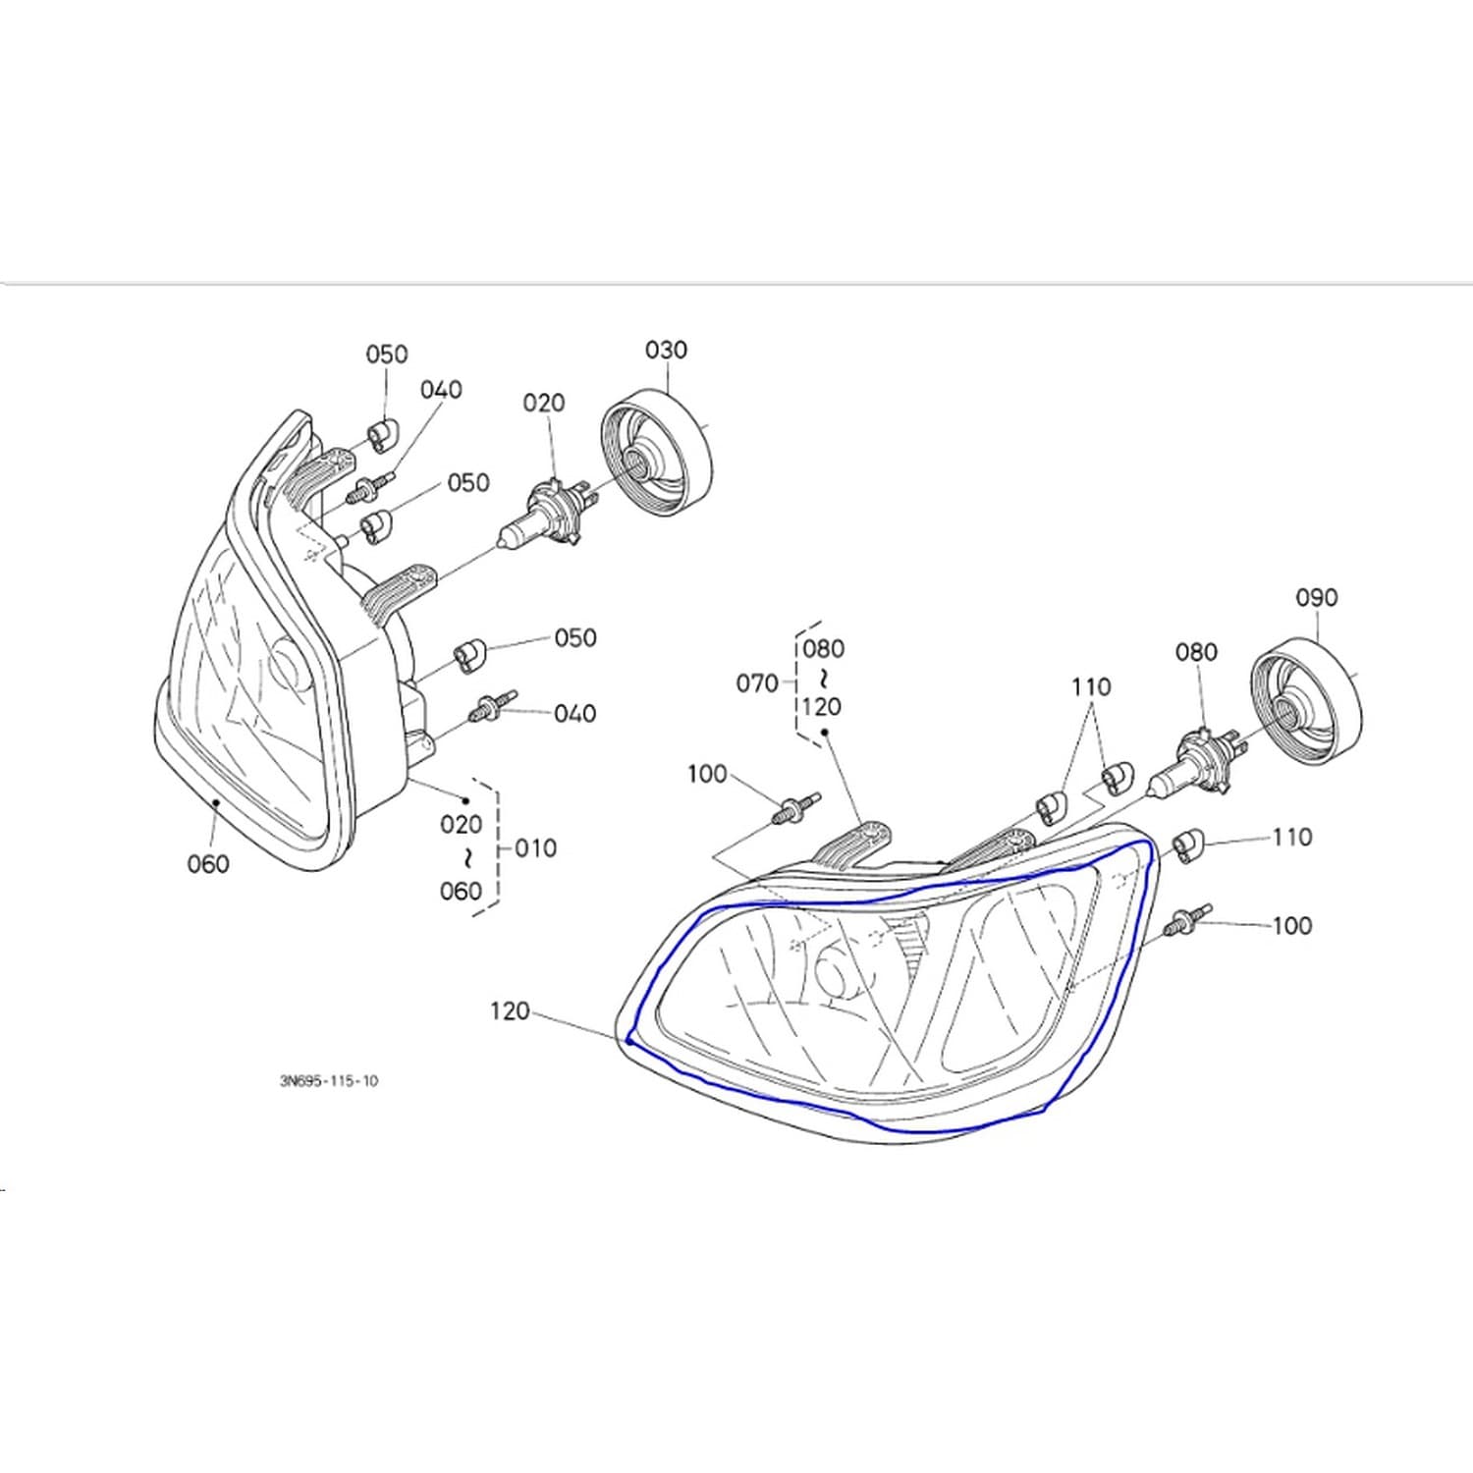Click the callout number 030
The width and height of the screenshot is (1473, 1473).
pos(666,350)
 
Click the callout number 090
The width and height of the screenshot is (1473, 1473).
pos(1316,597)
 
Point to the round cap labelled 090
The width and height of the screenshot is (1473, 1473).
pos(1305,699)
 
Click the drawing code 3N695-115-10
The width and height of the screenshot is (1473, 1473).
pos(328,1081)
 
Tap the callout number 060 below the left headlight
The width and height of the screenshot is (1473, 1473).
pos(207,864)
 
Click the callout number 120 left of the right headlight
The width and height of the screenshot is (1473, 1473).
pos(510,1010)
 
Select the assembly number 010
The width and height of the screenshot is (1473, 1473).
pos(535,847)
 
